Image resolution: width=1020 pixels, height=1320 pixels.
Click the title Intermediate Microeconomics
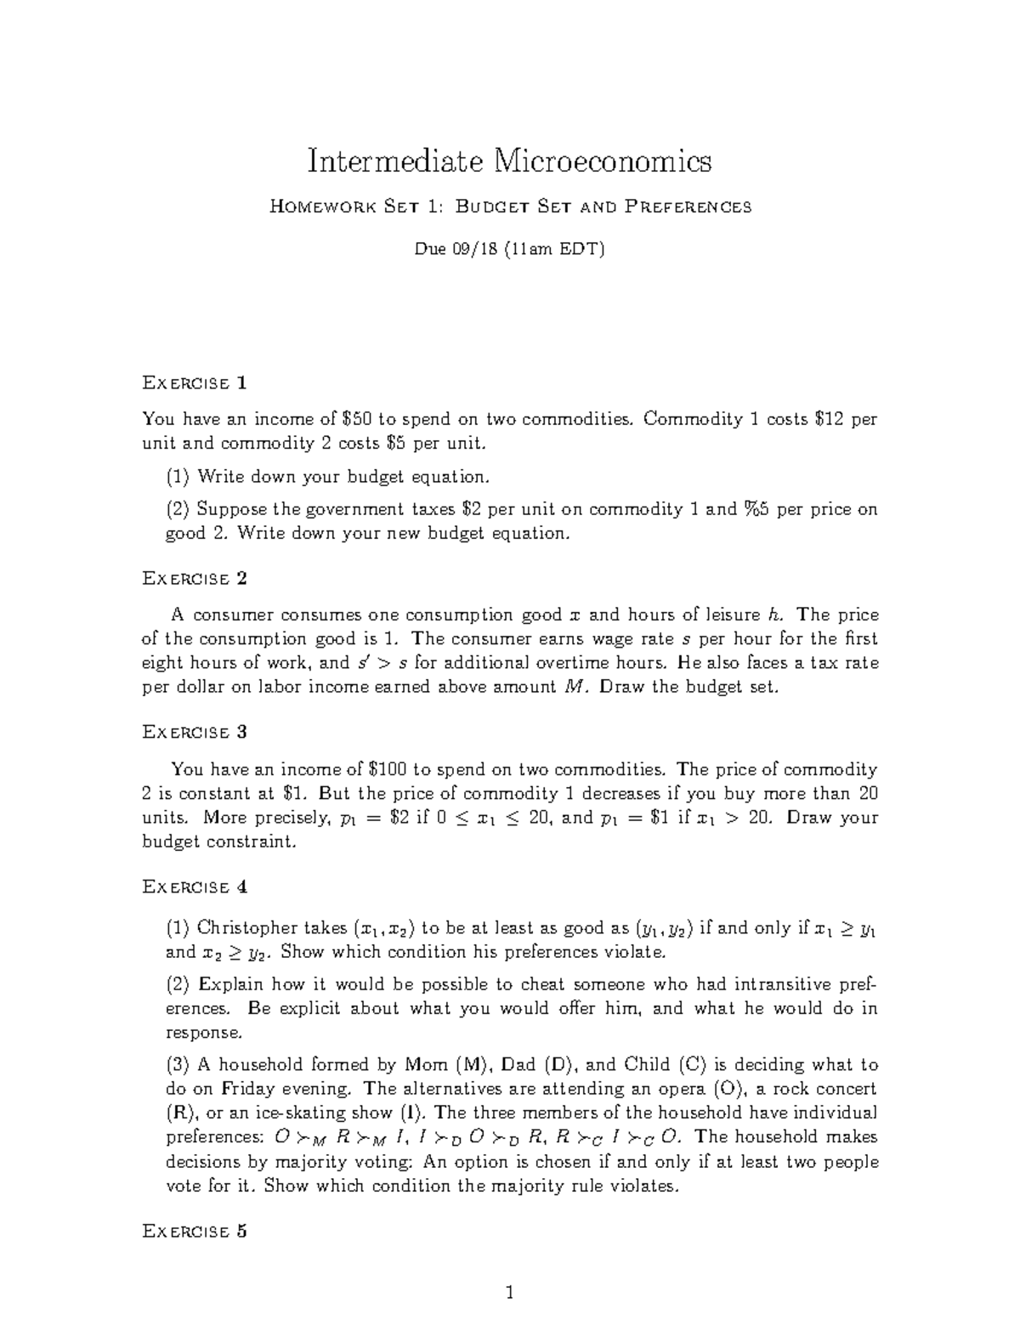pos(509,161)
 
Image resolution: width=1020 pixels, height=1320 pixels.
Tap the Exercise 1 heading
pos(195,382)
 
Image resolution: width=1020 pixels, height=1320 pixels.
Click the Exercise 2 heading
pos(195,579)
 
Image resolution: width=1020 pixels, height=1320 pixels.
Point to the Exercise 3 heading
pos(195,732)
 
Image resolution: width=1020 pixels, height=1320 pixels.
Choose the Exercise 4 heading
pos(195,887)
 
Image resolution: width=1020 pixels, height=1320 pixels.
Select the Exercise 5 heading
pos(195,1231)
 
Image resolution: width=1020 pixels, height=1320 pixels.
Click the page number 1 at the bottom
pos(510,1293)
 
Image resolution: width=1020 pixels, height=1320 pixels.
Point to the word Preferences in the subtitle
pos(688,207)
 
